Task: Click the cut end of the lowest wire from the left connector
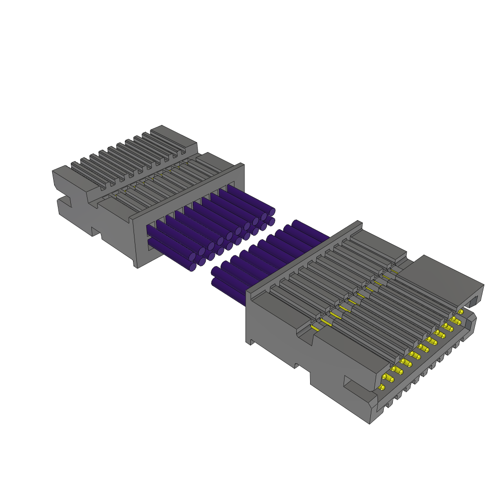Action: coord(193,267)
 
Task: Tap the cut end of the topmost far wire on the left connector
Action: coord(272,212)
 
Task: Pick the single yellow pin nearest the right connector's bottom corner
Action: coord(381,387)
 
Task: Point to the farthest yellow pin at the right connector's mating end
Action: coord(461,312)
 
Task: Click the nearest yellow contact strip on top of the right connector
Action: coord(314,328)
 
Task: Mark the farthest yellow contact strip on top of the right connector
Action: coord(393,271)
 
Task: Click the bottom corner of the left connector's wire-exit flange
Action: coord(137,266)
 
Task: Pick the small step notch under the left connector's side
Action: coord(96,233)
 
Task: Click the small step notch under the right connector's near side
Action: coord(297,366)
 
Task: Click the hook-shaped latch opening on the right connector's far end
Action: coord(474,301)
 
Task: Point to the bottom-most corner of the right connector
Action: coord(370,423)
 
